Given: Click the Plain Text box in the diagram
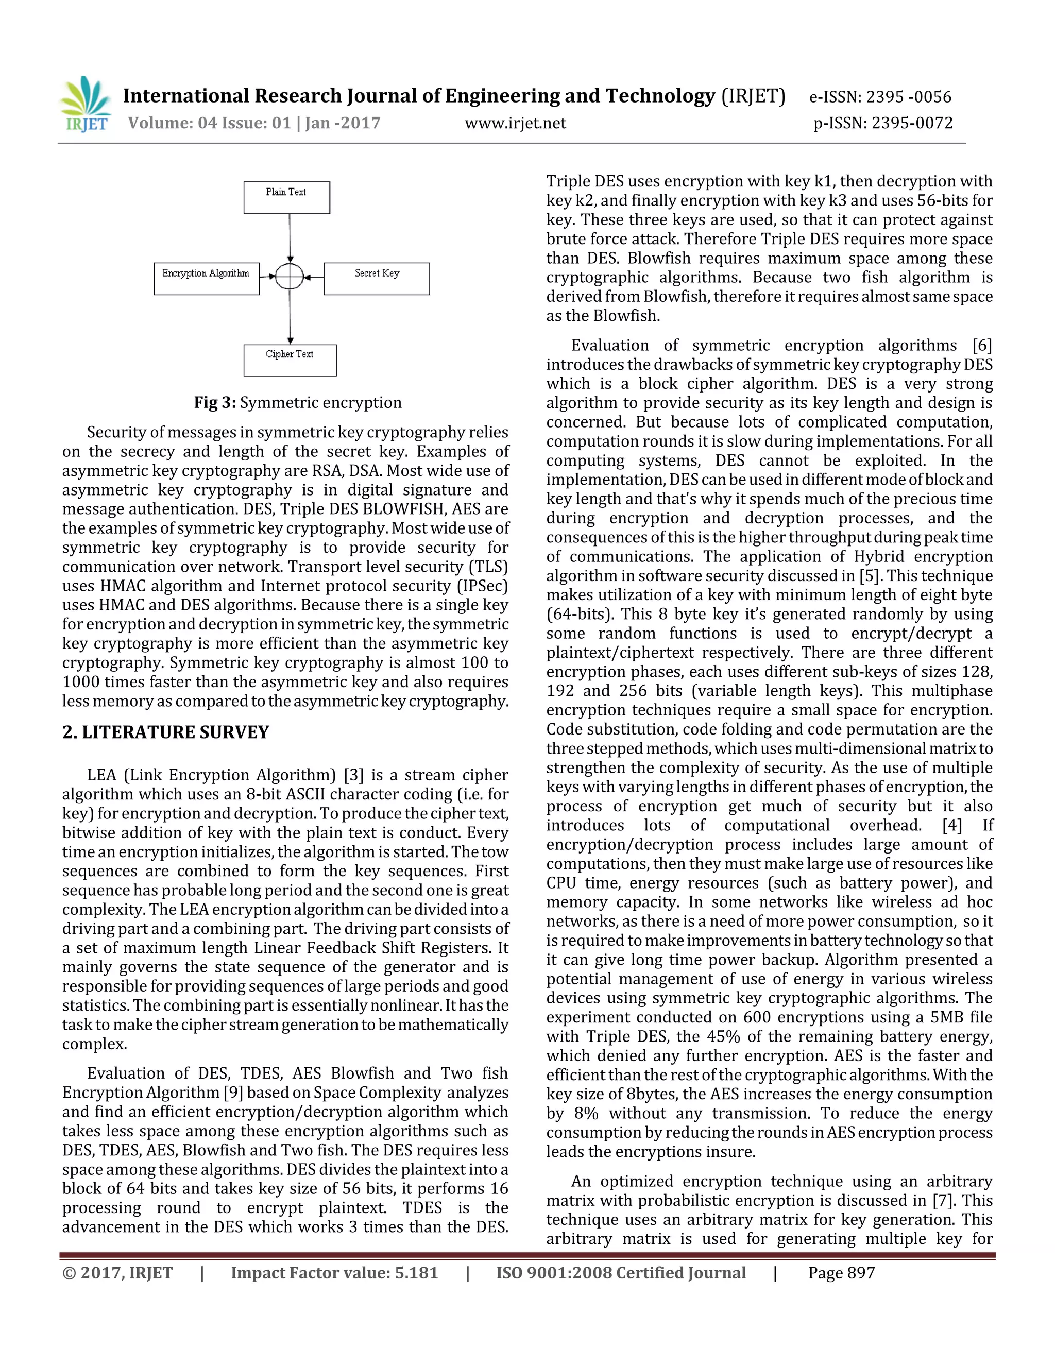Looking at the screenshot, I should [x=286, y=197].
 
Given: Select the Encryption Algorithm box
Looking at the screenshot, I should [x=206, y=279].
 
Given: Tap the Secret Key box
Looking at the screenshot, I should [x=376, y=279].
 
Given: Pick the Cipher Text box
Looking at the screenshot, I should [x=290, y=360].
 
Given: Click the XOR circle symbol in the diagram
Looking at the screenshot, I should [x=290, y=276].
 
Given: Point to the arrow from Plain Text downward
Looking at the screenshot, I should [x=290, y=237].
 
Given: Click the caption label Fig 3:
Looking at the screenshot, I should [x=214, y=402].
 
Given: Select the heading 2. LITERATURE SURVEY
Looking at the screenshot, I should [x=166, y=732].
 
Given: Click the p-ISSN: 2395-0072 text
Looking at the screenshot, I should [x=882, y=123].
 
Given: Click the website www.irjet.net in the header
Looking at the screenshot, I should [x=515, y=123].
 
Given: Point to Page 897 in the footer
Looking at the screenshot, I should [x=841, y=1273].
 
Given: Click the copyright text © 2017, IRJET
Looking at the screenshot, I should [x=117, y=1273].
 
